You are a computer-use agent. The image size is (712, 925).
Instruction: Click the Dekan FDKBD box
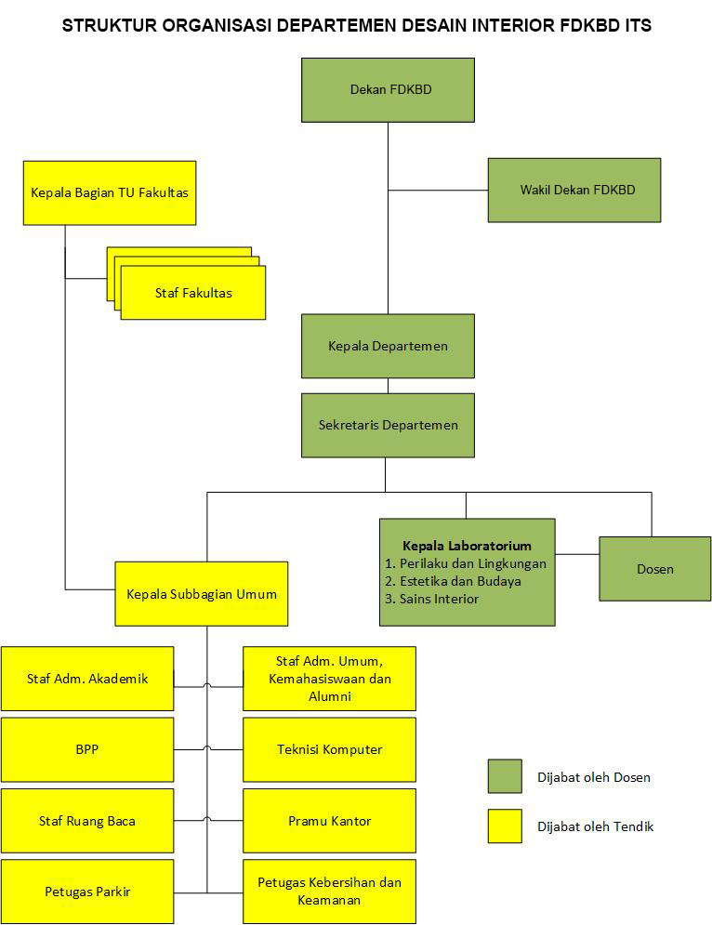point(388,90)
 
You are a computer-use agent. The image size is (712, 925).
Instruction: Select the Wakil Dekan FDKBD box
point(574,190)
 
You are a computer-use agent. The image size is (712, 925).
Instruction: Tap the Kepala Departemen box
point(388,346)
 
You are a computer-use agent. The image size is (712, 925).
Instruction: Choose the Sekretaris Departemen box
point(388,425)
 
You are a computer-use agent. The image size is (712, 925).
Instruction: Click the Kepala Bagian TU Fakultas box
point(110,192)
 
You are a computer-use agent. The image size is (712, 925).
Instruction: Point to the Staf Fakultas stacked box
point(193,293)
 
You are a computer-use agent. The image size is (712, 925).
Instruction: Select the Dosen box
point(654,569)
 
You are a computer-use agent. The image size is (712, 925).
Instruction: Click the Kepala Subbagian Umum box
point(201,593)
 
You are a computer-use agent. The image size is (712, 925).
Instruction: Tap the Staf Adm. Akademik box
point(87,679)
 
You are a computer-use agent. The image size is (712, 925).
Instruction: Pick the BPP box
point(87,749)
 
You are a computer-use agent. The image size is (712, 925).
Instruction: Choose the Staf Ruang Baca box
point(87,821)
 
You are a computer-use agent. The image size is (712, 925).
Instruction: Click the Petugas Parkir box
point(87,892)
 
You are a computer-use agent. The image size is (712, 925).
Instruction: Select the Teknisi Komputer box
point(329,749)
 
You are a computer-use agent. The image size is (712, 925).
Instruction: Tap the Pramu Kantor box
point(329,821)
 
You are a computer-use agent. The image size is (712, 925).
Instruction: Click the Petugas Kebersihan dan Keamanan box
point(329,891)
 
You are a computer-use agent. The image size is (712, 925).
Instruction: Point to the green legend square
point(505,776)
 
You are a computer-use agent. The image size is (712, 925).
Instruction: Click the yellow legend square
point(505,826)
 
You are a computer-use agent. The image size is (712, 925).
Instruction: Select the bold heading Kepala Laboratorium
point(466,546)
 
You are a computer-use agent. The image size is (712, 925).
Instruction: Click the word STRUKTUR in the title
point(104,26)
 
